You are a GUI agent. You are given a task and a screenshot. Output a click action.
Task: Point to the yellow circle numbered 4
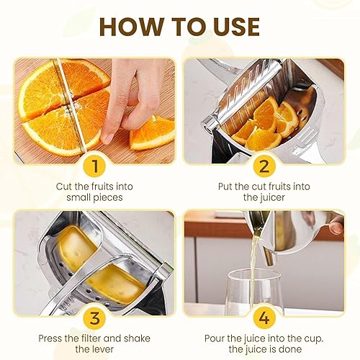tap(264, 317)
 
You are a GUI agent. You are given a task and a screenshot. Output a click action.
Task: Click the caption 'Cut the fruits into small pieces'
tap(94, 191)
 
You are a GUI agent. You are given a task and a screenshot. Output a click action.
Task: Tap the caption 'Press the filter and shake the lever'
tap(94, 343)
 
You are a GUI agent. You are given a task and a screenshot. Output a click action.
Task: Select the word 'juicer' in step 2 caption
tap(271, 197)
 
